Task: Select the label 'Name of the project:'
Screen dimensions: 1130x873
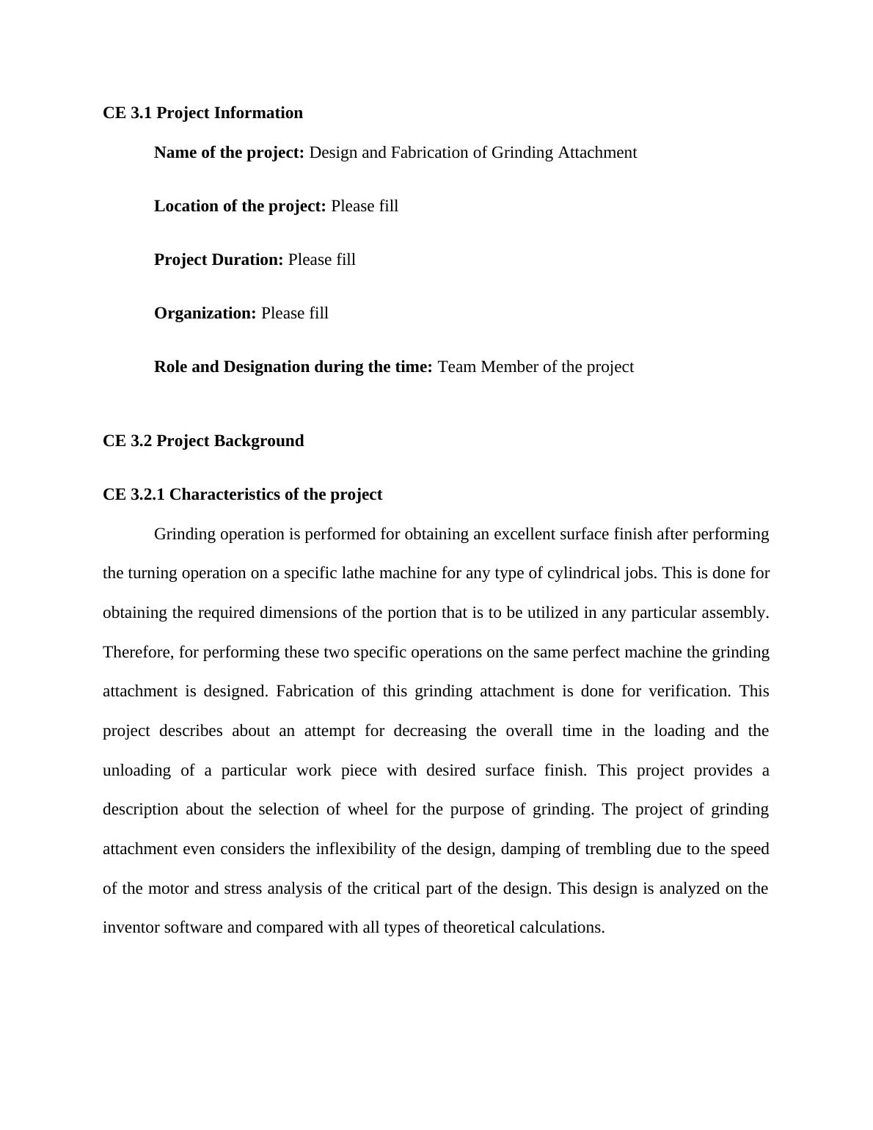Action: point(229,153)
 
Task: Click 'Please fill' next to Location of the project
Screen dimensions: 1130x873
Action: point(365,206)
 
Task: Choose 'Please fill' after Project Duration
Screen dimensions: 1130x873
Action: point(321,260)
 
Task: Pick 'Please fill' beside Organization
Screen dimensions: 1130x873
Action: point(294,313)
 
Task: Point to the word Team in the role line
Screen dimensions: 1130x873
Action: point(456,367)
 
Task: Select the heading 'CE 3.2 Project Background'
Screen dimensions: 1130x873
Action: point(203,441)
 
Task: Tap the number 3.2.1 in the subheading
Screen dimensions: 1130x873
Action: point(147,495)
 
